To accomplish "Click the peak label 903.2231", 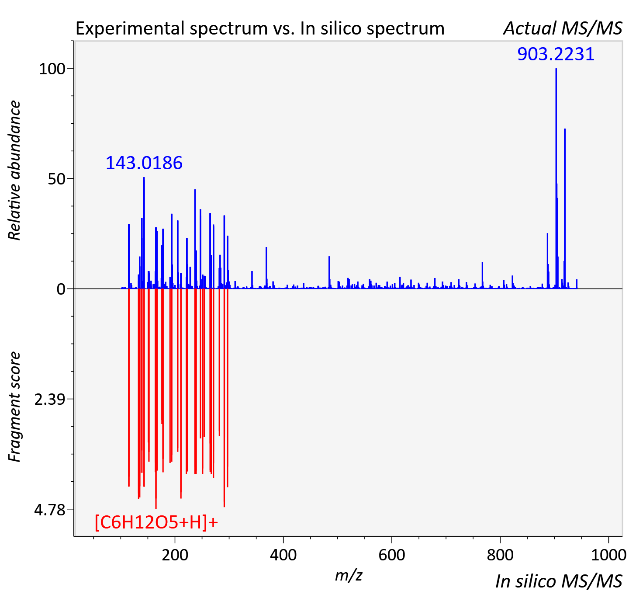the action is click(556, 54).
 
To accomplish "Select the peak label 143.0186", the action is click(144, 163).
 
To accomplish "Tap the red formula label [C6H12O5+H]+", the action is click(156, 523).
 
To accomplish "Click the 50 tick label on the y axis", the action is click(57, 179).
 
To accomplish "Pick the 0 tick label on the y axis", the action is click(61, 289).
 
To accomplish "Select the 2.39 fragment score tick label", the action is click(50, 400).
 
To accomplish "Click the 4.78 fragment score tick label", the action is click(50, 510).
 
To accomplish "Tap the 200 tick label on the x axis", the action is click(175, 555).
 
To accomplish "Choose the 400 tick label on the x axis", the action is click(283, 555).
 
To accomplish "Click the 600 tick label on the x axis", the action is click(392, 555).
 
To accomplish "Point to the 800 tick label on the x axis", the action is click(500, 555).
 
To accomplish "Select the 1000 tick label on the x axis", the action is click(608, 555).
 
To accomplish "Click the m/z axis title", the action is click(349, 576).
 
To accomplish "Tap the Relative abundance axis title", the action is click(14, 170).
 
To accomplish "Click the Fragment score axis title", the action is click(14, 407).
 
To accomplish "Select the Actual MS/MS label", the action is click(563, 28).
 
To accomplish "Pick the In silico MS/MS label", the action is click(559, 581).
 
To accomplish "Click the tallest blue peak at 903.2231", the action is click(556, 178).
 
